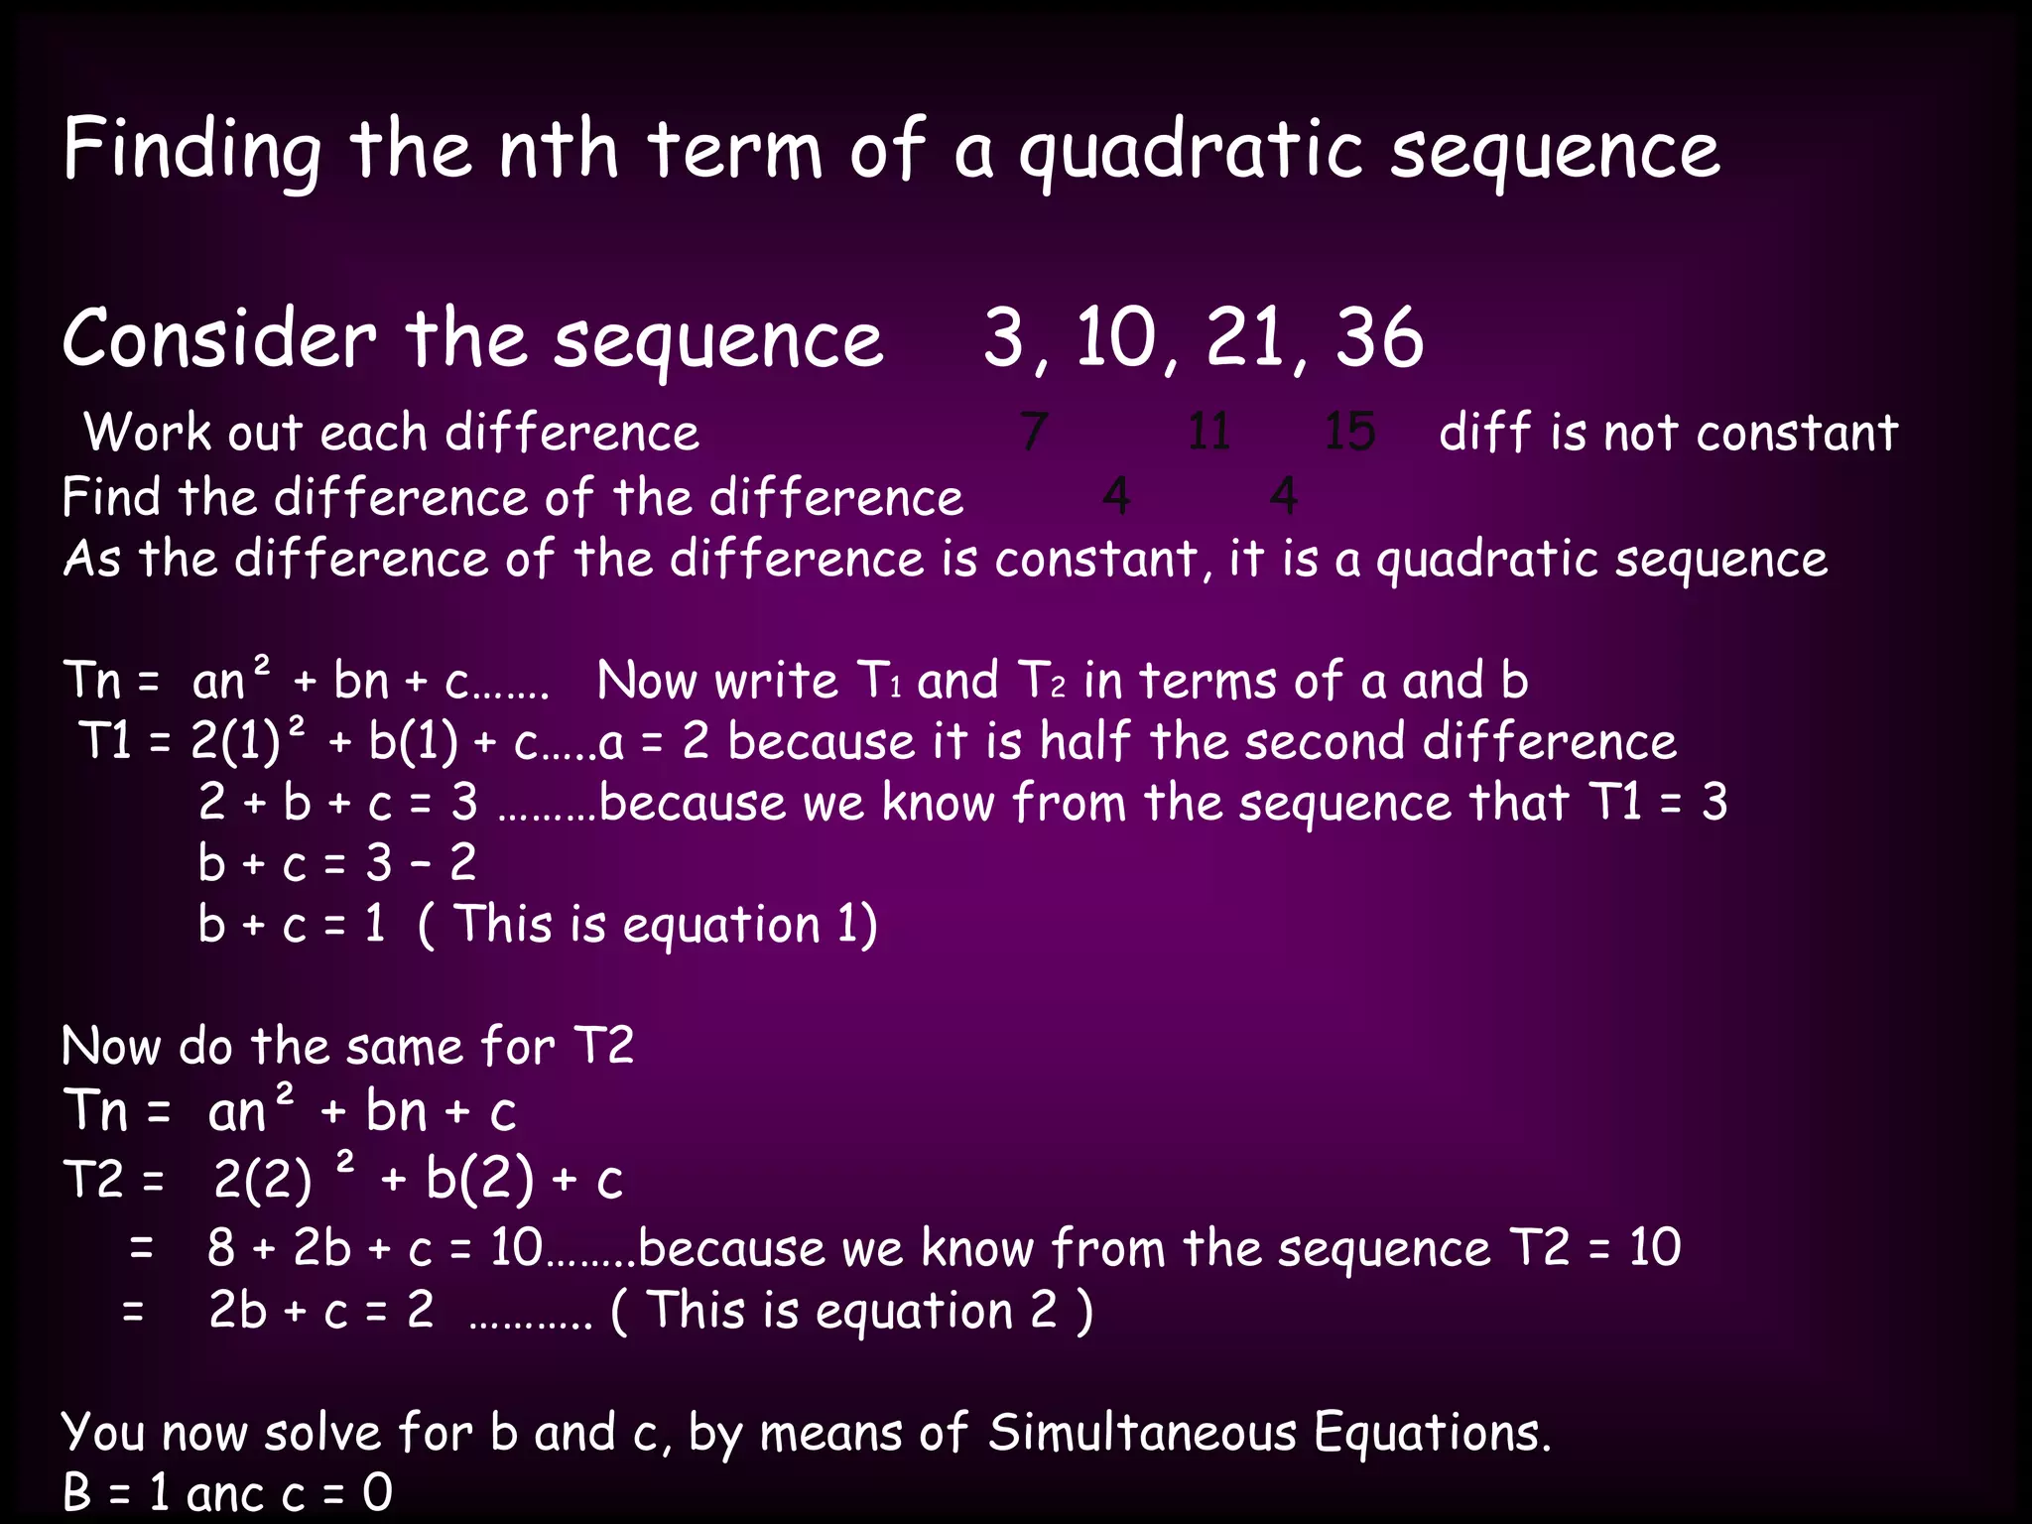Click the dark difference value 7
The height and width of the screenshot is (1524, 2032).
point(1033,433)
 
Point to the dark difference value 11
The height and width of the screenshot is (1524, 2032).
point(1208,433)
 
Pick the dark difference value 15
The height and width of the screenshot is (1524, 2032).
point(1349,433)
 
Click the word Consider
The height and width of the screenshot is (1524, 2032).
point(219,338)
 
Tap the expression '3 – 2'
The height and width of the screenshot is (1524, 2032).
point(421,863)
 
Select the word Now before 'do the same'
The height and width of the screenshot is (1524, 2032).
point(111,1047)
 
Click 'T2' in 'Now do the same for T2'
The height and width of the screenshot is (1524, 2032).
point(603,1047)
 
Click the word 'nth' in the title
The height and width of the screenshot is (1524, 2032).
point(559,152)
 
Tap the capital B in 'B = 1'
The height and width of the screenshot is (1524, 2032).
point(76,1493)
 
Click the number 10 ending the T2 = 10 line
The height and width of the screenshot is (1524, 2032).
point(1654,1248)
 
